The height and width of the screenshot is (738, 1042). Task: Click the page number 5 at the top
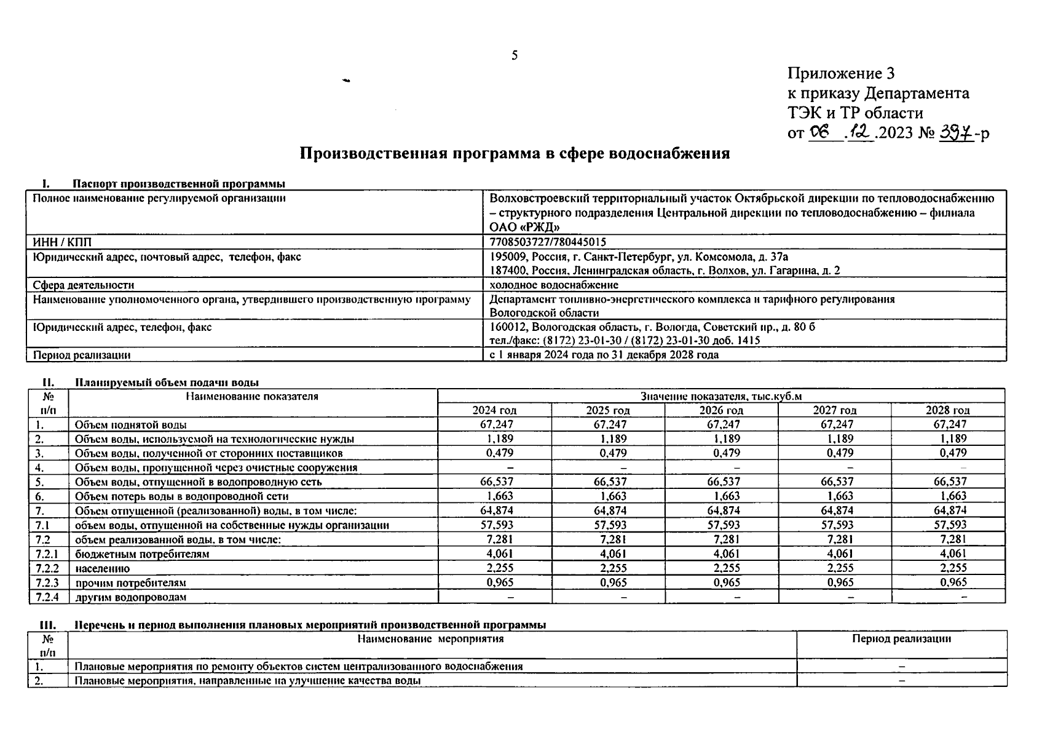pyautogui.click(x=515, y=56)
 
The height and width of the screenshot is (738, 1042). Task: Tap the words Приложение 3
pyautogui.click(x=840, y=74)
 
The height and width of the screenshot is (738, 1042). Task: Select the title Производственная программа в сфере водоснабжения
pyautogui.click(x=515, y=153)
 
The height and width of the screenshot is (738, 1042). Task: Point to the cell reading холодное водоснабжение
pyautogui.click(x=554, y=285)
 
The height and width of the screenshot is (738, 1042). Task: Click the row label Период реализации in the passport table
pyautogui.click(x=82, y=355)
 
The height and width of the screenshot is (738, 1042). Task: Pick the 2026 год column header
pyautogui.click(x=721, y=410)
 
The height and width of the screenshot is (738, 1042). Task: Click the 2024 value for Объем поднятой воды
pyautogui.click(x=496, y=424)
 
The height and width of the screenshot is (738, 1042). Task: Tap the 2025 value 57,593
pyautogui.click(x=610, y=525)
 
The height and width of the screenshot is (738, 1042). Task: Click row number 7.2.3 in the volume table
pyautogui.click(x=47, y=582)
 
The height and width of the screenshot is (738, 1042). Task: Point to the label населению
pyautogui.click(x=102, y=568)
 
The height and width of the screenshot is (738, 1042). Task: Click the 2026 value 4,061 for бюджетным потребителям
pyautogui.click(x=724, y=553)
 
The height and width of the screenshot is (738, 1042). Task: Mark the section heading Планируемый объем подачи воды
pyautogui.click(x=167, y=383)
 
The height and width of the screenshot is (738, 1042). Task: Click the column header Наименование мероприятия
pyautogui.click(x=430, y=639)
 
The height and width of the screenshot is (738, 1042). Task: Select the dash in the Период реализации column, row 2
pyautogui.click(x=902, y=681)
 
